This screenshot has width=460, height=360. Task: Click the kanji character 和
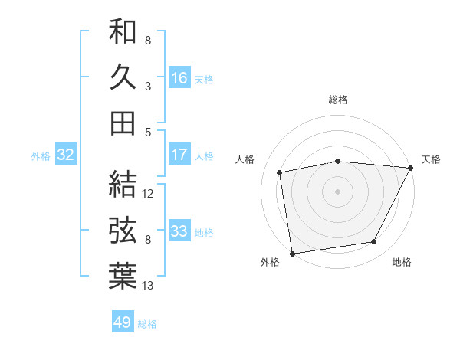pos(123,31)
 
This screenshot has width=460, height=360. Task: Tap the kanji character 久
pos(123,77)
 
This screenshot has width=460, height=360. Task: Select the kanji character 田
pos(123,122)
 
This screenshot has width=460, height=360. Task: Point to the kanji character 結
pos(123,184)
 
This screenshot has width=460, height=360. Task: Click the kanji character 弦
pos(123,229)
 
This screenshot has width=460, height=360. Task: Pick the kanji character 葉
pos(123,276)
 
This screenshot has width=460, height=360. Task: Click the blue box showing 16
pos(179,77)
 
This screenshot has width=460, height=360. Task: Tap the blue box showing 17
pos(179,155)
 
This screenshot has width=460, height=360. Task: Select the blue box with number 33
pos(179,231)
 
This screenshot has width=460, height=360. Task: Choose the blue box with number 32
pos(66,155)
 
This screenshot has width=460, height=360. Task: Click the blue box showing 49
pos(123,322)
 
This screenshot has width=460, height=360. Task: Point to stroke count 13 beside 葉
pos(148,286)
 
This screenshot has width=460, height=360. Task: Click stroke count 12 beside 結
pos(148,193)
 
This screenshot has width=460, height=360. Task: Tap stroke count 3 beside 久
pos(147,86)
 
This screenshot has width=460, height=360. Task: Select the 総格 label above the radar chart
pos(338,100)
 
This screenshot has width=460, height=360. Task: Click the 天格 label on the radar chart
pos(431,159)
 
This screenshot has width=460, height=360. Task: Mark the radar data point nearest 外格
pos(292,253)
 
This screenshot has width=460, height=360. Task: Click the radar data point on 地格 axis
pos(374,242)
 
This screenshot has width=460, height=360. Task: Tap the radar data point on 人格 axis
pos(280,172)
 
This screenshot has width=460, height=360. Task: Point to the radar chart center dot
pos(337,191)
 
